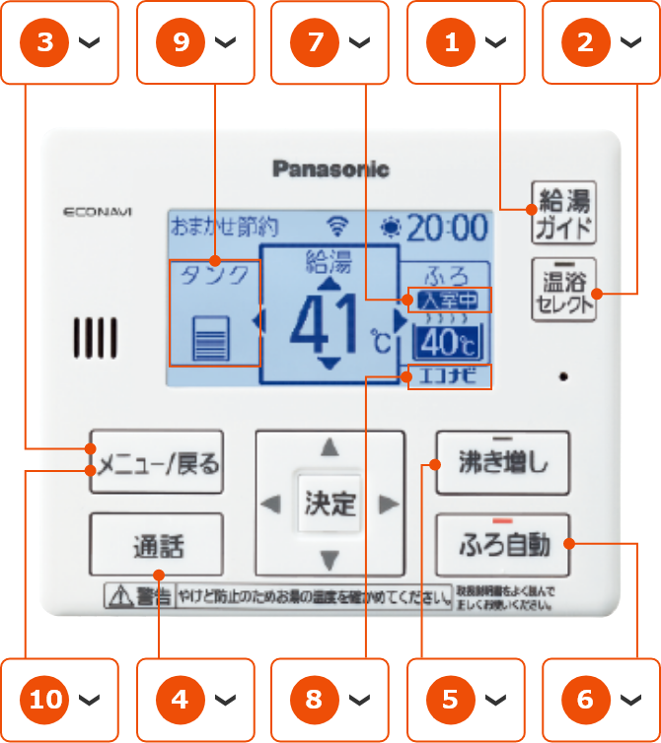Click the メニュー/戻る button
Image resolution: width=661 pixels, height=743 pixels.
[157, 462]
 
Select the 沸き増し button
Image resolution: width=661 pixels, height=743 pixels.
[502, 462]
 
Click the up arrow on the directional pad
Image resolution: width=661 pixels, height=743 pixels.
[330, 448]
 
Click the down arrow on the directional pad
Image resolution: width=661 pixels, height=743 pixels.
[330, 561]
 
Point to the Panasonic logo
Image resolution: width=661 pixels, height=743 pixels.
[330, 169]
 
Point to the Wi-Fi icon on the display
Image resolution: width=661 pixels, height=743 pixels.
[338, 227]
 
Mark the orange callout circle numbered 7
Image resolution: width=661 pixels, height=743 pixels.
[315, 42]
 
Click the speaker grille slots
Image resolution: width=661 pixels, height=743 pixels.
[95, 337]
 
